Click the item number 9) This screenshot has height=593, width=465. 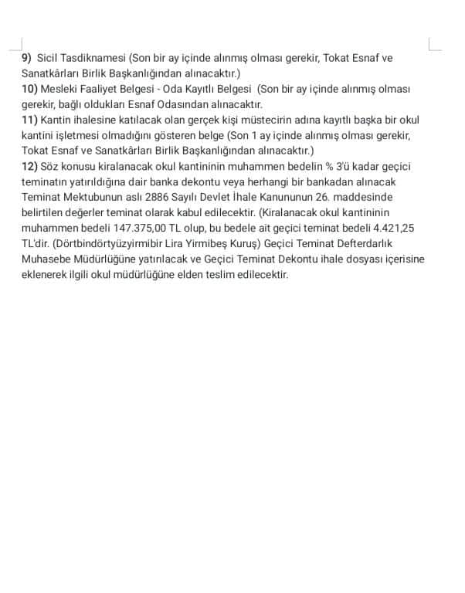pos(27,58)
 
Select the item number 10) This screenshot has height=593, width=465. pos(29,89)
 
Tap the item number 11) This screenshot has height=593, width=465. pos(29,120)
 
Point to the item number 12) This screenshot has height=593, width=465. pos(29,166)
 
